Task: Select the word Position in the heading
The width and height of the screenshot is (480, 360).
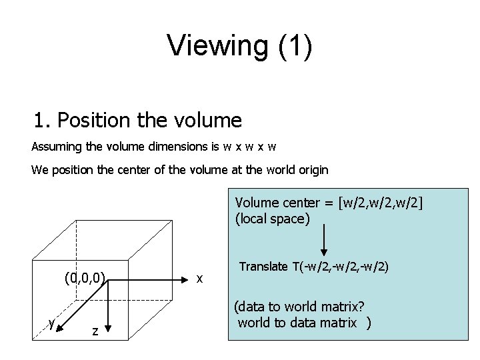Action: pyautogui.click(x=95, y=121)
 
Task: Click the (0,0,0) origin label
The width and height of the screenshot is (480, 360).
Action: pyautogui.click(x=85, y=275)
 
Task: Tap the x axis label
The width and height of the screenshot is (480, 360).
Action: pyautogui.click(x=199, y=277)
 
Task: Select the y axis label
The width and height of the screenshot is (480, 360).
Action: pyautogui.click(x=51, y=323)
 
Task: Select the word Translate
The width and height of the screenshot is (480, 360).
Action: pyautogui.click(x=263, y=267)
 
